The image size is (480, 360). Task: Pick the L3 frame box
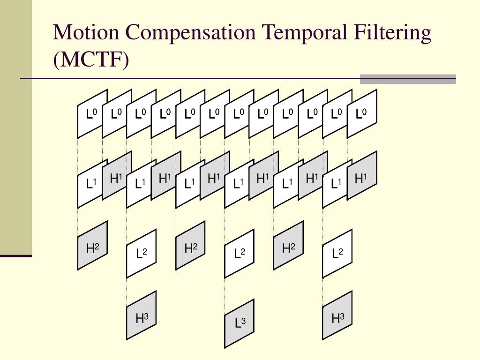point(240,323)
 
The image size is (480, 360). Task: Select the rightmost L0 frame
point(361,114)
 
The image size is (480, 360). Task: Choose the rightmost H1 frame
point(361,175)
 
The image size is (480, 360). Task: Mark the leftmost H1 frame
point(117,175)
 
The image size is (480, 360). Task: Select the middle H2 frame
point(190,246)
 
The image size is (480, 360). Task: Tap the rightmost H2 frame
point(288,246)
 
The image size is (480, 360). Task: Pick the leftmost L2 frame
point(141,254)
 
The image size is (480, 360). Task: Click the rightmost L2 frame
point(337,254)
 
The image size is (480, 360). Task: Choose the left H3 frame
point(141,315)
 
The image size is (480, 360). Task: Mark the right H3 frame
point(337,315)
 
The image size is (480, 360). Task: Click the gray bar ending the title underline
point(407,79)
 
